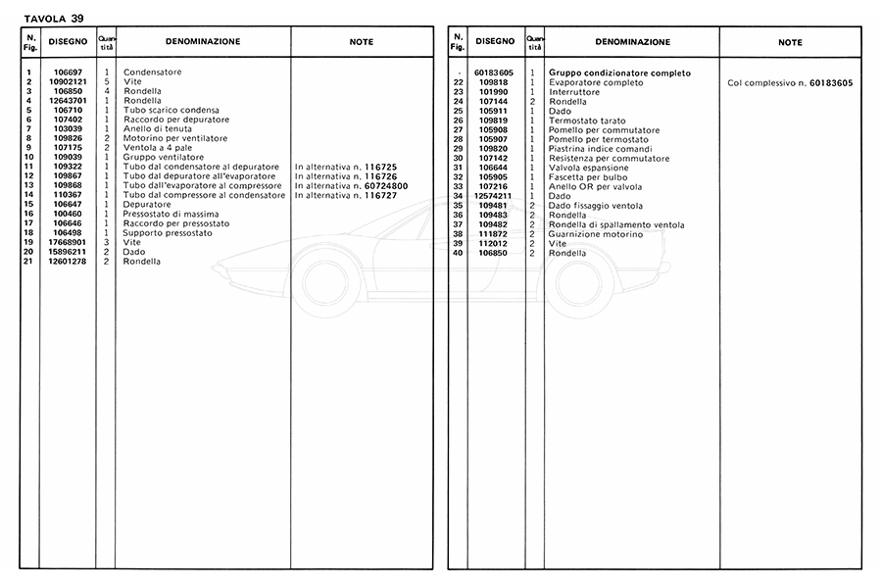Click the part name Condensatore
pos(152,73)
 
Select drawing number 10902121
pos(69,82)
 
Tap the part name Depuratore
pos(146,205)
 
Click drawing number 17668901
pos(69,243)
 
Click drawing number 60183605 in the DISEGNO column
pos(495,73)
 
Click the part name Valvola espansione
pos(583,168)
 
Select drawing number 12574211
pos(495,196)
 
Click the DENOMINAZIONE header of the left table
pos(203,42)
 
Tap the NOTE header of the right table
pos(790,42)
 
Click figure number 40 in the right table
pos(458,253)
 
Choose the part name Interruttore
pos(574,92)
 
